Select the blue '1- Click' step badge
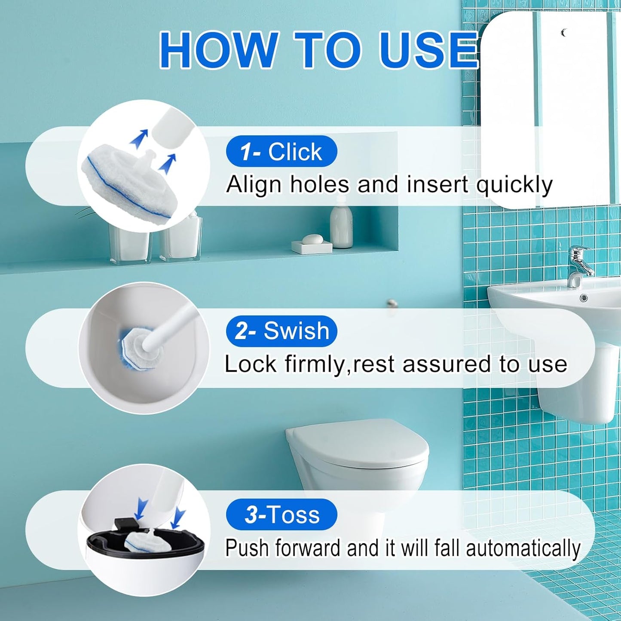281,151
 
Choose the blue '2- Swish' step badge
281,331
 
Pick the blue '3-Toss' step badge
281,514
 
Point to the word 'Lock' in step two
251,364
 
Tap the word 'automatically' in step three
523,548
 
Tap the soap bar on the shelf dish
312,239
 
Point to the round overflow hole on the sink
583,298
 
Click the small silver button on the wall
392,303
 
